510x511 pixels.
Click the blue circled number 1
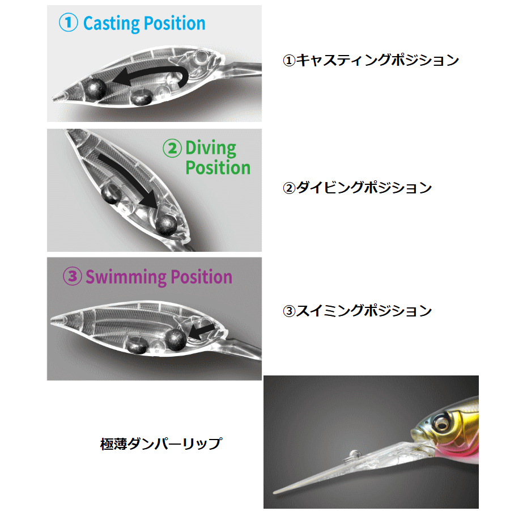pyautogui.click(x=68, y=23)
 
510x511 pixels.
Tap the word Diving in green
pyautogui.click(x=211, y=149)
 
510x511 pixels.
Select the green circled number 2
pyautogui.click(x=172, y=149)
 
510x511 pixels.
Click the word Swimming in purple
pyautogui.click(x=121, y=277)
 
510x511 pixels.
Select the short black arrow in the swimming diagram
pyautogui.click(x=201, y=330)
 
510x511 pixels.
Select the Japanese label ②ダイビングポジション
pyautogui.click(x=357, y=188)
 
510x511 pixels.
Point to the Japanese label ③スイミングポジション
pyautogui.click(x=357, y=311)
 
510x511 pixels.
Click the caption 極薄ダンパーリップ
pyautogui.click(x=160, y=444)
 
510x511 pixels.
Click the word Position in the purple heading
pyautogui.click(x=198, y=277)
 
